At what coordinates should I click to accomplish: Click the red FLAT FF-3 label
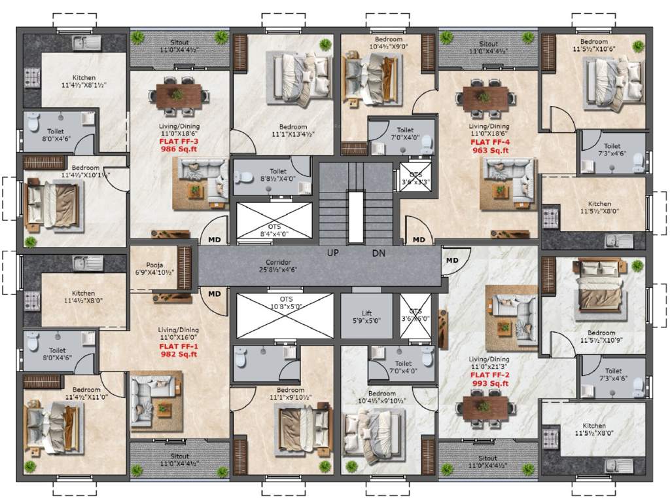pos(179,141)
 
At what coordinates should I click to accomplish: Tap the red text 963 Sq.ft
pos(489,150)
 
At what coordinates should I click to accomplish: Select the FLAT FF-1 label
pos(179,346)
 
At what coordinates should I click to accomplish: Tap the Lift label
pos(366,313)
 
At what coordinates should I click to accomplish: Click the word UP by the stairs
pos(334,253)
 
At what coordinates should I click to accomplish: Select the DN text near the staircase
pos(379,253)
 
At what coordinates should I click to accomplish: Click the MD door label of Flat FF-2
pos(452,261)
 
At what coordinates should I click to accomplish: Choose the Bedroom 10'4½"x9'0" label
pos(389,43)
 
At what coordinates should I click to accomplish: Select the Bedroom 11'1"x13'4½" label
pos(292,130)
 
